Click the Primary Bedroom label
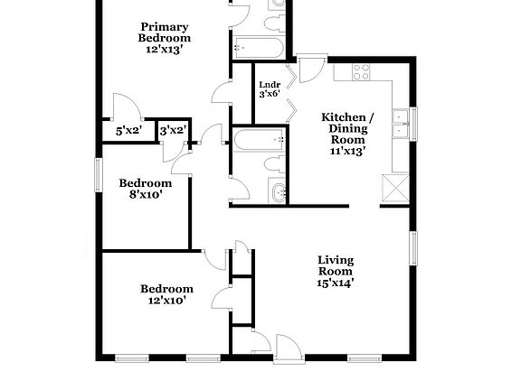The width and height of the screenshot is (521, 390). (x=164, y=32)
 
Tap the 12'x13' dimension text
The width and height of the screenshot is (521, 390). (x=164, y=51)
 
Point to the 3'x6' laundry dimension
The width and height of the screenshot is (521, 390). (x=270, y=94)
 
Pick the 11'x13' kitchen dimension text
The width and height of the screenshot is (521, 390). (x=347, y=152)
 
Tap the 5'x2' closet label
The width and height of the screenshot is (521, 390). (x=128, y=131)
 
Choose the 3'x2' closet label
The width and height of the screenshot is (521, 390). (x=172, y=131)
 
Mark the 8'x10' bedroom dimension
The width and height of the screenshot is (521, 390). (x=146, y=194)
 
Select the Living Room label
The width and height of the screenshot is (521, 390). (x=336, y=265)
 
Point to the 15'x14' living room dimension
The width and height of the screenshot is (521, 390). (x=336, y=283)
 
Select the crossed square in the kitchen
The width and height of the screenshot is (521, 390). (x=394, y=189)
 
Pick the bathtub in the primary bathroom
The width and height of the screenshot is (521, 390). (x=260, y=46)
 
